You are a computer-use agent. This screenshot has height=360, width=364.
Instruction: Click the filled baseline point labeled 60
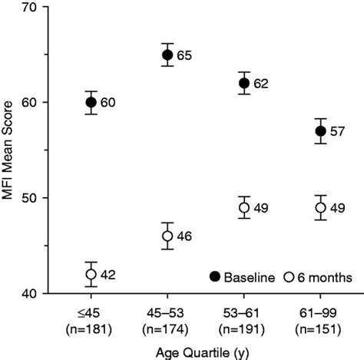[x=91, y=102]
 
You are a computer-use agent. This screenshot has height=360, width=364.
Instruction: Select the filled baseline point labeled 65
[x=167, y=54]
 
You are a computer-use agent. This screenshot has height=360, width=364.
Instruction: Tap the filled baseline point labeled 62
[x=244, y=83]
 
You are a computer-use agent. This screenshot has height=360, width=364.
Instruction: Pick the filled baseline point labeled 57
[x=321, y=130]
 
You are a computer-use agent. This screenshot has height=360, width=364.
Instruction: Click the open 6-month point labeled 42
[x=91, y=274]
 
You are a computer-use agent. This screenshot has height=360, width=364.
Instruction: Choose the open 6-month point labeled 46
[x=167, y=236]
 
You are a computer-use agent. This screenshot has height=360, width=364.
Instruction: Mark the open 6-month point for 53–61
[x=244, y=207]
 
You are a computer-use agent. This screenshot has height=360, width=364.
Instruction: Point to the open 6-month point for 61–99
[x=321, y=207]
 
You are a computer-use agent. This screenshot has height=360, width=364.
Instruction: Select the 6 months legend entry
[x=314, y=276]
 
